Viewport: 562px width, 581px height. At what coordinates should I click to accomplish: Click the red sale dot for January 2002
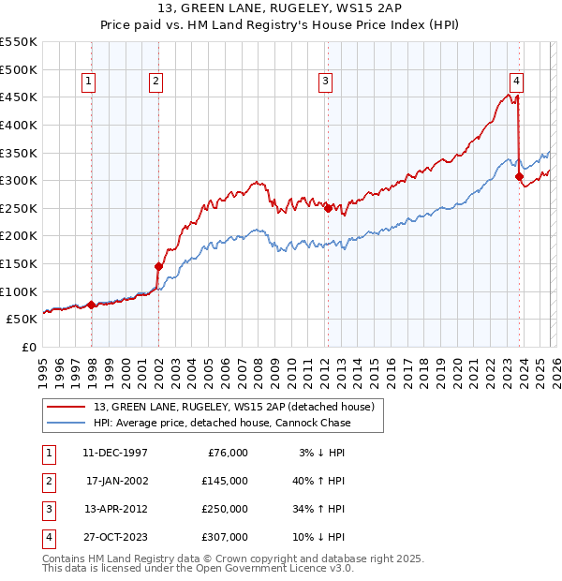pyautogui.click(x=158, y=266)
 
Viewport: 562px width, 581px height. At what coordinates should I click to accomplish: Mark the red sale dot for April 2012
pyautogui.click(x=328, y=208)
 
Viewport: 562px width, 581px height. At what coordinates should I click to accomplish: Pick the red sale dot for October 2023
pyautogui.click(x=519, y=176)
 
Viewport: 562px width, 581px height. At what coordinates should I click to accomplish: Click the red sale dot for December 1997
pyautogui.click(x=91, y=305)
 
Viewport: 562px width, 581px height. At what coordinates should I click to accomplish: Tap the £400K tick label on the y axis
pyautogui.click(x=20, y=125)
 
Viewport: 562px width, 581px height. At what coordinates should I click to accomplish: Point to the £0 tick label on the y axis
pyautogui.click(x=29, y=347)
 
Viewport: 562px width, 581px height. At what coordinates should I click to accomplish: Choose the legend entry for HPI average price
pyautogui.click(x=222, y=423)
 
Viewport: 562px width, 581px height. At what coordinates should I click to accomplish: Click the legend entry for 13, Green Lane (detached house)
pyautogui.click(x=233, y=407)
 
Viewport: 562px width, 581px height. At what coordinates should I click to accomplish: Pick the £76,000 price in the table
pyautogui.click(x=226, y=453)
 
